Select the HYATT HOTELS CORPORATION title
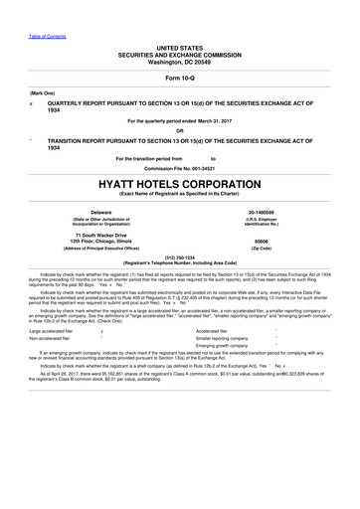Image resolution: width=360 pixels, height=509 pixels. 179,183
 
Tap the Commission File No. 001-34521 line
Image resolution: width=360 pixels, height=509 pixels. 179,167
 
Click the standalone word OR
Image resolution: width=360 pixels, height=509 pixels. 179,130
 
